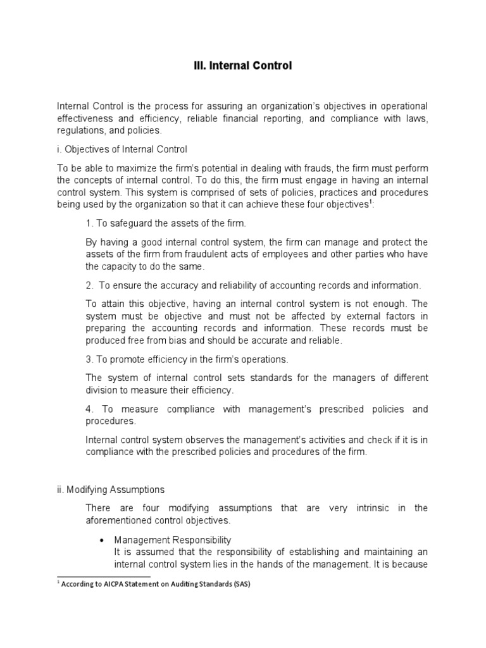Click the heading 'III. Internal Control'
tap(242, 65)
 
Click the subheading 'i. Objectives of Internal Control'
tap(122, 149)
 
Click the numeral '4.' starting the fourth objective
tap(89, 409)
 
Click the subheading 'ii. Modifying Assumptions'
tap(111, 489)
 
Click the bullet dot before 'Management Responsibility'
tap(102, 540)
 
